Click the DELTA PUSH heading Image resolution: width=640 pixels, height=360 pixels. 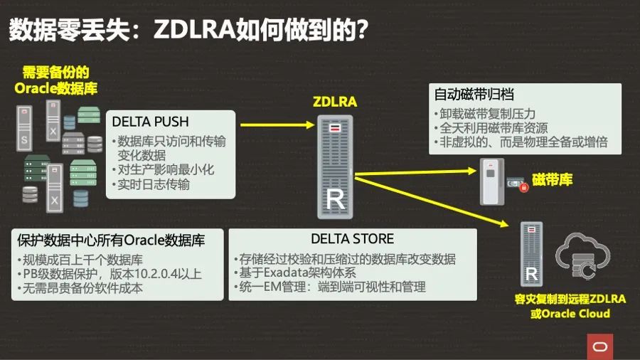[x=151, y=122]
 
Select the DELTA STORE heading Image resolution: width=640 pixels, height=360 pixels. [x=352, y=239]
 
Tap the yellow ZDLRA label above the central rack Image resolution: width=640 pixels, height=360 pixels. [x=335, y=102]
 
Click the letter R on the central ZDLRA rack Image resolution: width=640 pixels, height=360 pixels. [x=335, y=201]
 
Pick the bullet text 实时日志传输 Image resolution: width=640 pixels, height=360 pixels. [x=154, y=185]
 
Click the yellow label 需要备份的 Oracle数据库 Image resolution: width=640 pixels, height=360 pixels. [x=56, y=80]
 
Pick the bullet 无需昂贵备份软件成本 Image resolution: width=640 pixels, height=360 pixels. [x=82, y=287]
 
